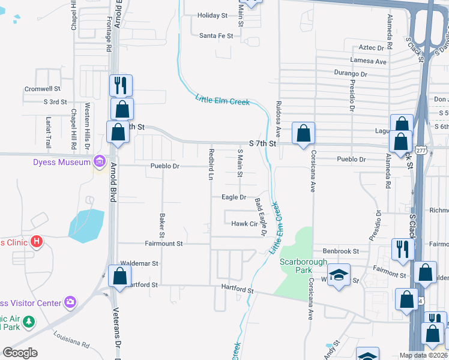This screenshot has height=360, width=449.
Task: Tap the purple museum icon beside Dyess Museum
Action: [x=100, y=161]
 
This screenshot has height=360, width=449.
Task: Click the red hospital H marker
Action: [x=37, y=242]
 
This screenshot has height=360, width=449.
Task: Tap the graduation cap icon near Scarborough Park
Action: [x=339, y=274]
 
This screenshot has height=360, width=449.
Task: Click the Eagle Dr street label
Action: [x=234, y=197]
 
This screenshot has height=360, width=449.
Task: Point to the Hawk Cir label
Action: [x=244, y=224]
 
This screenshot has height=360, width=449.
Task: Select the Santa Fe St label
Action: [x=215, y=35]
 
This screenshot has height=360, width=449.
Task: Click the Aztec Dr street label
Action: [x=372, y=47]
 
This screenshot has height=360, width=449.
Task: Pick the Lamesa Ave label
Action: [x=369, y=61]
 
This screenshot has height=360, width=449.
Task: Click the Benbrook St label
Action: [x=340, y=251]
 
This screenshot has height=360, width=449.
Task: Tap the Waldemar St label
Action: [x=139, y=263]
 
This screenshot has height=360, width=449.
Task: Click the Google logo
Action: [x=20, y=352]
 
